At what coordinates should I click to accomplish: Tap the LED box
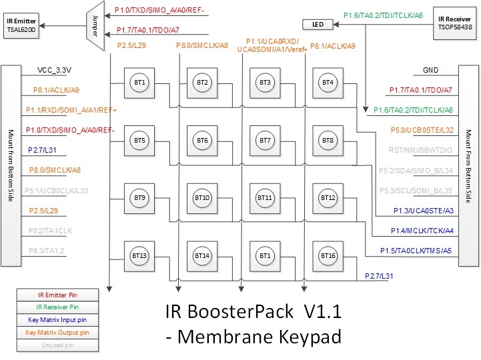(x=318, y=25)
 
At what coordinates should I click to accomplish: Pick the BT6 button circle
(x=202, y=141)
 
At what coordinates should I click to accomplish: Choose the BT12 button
(x=327, y=198)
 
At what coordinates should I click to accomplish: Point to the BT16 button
(x=327, y=255)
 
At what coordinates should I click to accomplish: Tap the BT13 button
(x=139, y=255)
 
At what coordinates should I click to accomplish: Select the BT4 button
(x=327, y=83)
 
